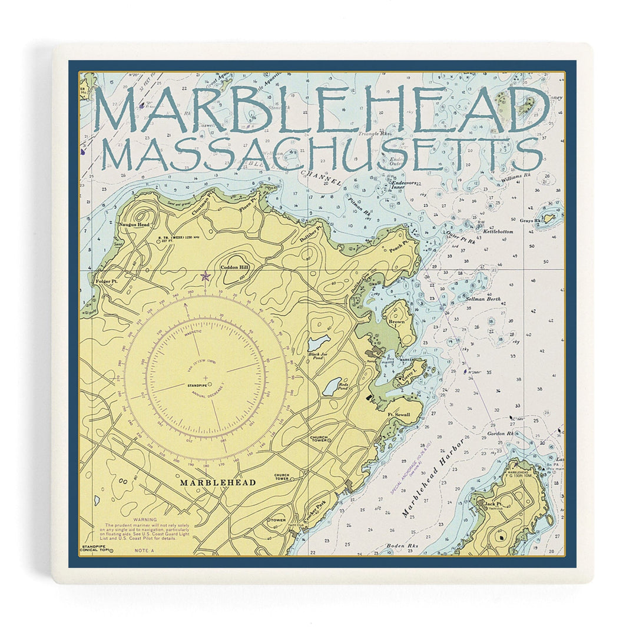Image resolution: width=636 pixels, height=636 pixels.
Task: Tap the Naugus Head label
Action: (x=134, y=225)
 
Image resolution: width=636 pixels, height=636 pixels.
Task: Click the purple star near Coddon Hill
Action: (x=205, y=276)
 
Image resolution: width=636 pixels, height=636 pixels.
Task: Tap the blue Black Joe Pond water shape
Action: (x=319, y=342)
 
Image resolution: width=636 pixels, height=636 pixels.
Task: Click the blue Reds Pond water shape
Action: (x=332, y=386)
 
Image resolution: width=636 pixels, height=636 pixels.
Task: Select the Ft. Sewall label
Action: (x=399, y=415)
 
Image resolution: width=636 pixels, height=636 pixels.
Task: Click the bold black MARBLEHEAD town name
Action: (x=218, y=482)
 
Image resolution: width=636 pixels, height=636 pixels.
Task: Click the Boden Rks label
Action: (x=402, y=546)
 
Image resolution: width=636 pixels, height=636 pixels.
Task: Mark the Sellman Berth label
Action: (x=483, y=299)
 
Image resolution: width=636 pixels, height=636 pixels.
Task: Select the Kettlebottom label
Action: (x=498, y=232)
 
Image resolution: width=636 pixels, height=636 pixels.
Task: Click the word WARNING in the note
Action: (x=145, y=520)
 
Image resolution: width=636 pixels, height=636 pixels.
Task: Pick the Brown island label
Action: (x=396, y=322)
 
